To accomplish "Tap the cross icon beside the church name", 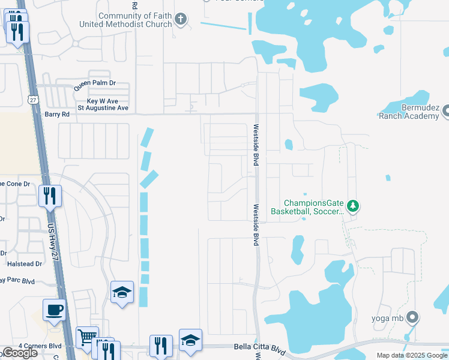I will tap(180, 20).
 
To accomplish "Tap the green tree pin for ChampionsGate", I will tap(353, 206).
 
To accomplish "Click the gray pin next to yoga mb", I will tap(412, 317).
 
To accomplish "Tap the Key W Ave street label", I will tap(103, 101).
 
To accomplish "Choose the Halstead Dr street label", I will tap(25, 263).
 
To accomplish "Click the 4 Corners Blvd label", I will tap(40, 346).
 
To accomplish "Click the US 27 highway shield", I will tap(33, 98).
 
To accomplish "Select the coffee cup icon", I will tap(54, 310).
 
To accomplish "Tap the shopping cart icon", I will tap(87, 337).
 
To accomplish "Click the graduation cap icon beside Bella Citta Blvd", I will tap(190, 340).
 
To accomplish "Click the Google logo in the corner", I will tap(19, 353).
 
